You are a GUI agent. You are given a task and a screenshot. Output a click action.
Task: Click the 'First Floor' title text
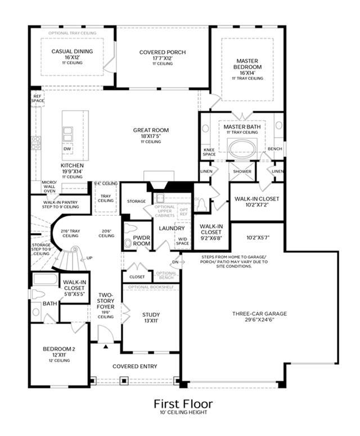tap(183, 404)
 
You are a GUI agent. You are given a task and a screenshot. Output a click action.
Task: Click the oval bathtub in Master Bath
tap(242, 148)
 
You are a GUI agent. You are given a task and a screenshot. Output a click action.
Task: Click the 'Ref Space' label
tap(38, 99)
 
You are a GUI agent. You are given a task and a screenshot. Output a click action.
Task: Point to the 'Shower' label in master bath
tap(243, 171)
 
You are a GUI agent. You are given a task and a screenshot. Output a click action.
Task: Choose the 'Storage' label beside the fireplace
tap(136, 201)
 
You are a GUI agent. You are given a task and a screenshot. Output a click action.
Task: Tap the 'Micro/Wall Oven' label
tap(49, 186)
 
